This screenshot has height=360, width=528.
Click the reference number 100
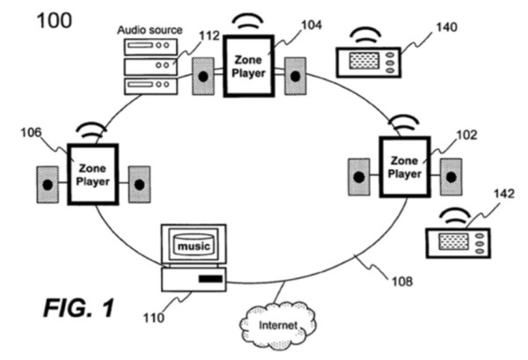[55, 20]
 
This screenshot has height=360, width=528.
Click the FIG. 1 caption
[79, 308]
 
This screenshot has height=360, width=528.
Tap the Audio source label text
[150, 30]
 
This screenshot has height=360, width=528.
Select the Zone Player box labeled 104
[249, 66]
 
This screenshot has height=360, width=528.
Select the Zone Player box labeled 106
[93, 174]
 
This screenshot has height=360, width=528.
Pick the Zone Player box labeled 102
[405, 166]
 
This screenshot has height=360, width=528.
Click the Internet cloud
[278, 326]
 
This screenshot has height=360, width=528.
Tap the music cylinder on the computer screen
[194, 245]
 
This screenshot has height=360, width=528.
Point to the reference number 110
[154, 318]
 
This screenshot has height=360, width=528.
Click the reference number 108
[402, 281]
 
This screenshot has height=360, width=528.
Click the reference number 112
[209, 36]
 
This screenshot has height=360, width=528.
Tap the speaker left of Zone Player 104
[203, 76]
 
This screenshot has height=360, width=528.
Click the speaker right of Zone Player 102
[451, 177]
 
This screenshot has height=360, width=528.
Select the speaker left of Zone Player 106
[48, 185]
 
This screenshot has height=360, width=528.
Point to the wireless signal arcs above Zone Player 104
[248, 21]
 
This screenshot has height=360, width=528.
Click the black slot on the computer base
[211, 279]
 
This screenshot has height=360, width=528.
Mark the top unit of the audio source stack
[150, 47]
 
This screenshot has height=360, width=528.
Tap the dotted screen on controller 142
[453, 242]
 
